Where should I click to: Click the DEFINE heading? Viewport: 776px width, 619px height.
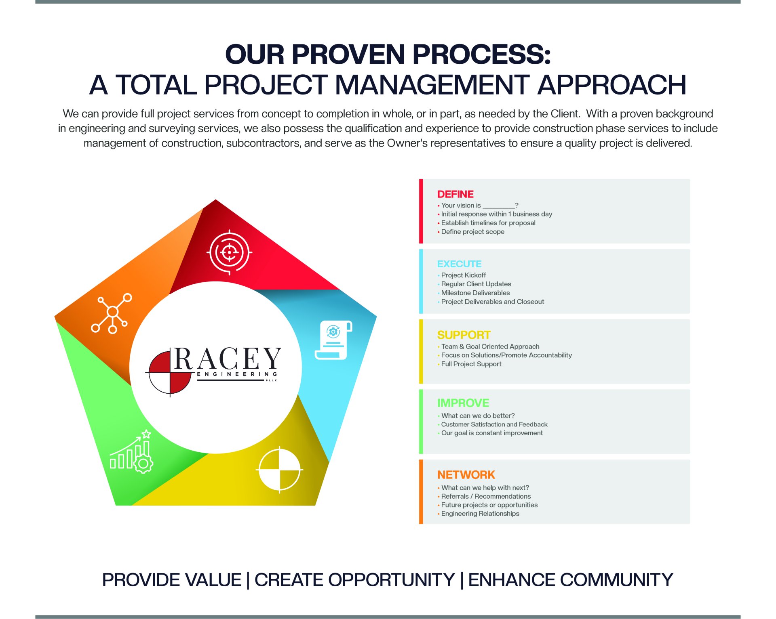pos(455,194)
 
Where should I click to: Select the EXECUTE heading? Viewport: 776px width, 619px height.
pos(459,264)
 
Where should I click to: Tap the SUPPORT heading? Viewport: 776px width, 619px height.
pos(464,335)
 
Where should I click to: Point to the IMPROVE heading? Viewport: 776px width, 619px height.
pos(463,403)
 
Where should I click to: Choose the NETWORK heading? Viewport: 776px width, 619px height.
pos(466,475)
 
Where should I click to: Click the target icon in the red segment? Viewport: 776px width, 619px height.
pos(230,252)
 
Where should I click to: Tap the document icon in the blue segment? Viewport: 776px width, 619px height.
pos(333,340)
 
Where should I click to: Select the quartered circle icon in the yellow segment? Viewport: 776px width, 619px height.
pos(280,470)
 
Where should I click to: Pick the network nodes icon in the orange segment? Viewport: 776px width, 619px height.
pos(112,313)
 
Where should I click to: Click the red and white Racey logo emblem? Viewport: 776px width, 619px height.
pos(170,372)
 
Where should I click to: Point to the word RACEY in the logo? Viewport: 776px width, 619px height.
pos(227,359)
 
